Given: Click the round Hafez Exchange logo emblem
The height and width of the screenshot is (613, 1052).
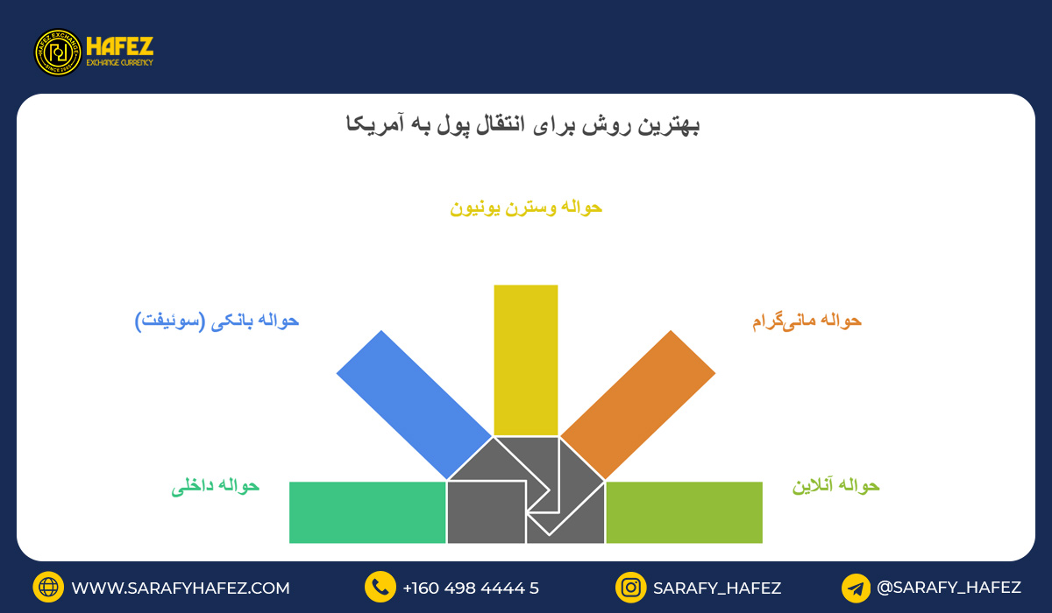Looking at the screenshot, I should (x=58, y=53).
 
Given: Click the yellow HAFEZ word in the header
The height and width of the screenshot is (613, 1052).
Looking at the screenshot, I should (x=120, y=46).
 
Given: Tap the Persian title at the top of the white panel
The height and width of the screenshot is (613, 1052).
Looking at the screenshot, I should (x=522, y=125).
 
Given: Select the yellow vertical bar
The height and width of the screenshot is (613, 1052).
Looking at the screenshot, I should (x=526, y=359).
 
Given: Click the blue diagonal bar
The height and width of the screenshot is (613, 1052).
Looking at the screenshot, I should (x=414, y=405).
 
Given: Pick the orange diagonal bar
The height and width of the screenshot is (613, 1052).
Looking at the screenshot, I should (x=638, y=405).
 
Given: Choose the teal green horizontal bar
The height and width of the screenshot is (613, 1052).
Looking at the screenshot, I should (x=367, y=512).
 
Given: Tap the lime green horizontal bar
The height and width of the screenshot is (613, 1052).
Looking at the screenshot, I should (x=684, y=512).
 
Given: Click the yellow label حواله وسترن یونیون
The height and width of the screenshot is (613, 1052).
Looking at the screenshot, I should (x=526, y=208).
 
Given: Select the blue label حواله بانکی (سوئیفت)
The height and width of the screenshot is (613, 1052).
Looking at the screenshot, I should (x=217, y=321).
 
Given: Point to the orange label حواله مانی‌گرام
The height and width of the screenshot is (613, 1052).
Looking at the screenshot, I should (x=807, y=321).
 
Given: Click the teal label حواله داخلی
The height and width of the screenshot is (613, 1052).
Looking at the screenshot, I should (x=216, y=486).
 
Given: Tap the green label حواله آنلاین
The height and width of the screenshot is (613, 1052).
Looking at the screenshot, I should (x=835, y=486).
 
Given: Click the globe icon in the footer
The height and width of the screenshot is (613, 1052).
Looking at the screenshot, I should (x=48, y=588).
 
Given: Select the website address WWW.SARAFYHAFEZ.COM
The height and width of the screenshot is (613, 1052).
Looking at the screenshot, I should (x=181, y=588).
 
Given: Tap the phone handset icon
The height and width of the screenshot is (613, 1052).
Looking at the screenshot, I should (x=380, y=588).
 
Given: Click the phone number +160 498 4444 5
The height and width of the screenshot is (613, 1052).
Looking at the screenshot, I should (x=471, y=588).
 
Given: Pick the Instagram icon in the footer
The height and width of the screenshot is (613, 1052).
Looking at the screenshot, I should (x=630, y=588).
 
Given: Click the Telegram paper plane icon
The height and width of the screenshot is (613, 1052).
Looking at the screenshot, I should (x=856, y=588).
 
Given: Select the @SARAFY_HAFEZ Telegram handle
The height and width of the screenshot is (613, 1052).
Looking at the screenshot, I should (x=949, y=588).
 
